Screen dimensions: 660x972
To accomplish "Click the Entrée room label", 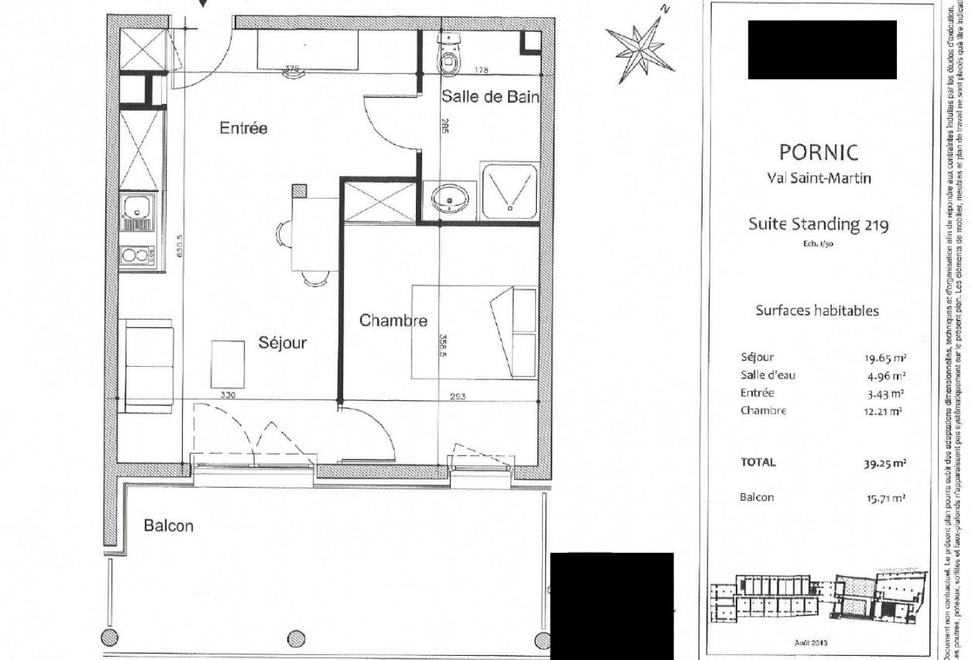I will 243,128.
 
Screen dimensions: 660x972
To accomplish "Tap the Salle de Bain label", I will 490,97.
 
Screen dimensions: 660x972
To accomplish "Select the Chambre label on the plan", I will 393,320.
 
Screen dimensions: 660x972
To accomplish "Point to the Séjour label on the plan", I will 282,343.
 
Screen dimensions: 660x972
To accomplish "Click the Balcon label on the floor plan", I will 169,525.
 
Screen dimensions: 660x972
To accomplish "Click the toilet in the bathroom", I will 449,56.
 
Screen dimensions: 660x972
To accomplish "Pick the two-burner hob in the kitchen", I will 137,256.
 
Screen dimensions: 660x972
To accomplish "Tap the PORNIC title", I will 818,151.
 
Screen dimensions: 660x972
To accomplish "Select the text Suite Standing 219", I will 818,224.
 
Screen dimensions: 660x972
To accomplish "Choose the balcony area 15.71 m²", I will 885,498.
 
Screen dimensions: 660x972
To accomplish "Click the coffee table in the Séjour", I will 228,363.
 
